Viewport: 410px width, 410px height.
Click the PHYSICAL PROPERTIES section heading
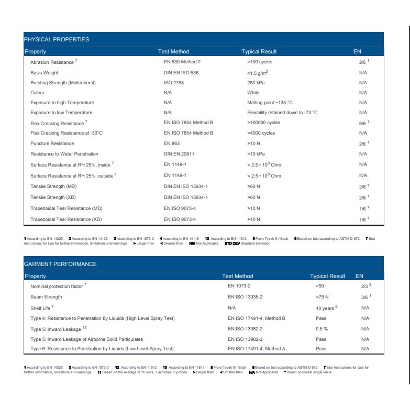tap(57, 39)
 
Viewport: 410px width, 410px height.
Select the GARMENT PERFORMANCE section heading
tap(60, 264)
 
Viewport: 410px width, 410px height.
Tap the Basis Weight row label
tap(45, 73)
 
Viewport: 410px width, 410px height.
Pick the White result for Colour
tap(253, 93)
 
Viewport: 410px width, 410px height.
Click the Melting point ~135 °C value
tap(270, 103)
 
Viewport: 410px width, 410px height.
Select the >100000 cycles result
tap(263, 123)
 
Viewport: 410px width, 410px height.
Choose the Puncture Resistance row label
tap(52, 143)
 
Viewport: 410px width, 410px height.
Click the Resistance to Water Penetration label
tap(64, 154)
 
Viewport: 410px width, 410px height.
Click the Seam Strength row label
tap(46, 297)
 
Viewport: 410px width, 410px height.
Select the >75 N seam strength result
tap(322, 297)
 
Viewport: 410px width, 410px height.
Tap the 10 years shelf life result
tap(326, 308)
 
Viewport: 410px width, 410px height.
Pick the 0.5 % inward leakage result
tap(322, 329)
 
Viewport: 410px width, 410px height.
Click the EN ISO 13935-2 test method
tap(245, 297)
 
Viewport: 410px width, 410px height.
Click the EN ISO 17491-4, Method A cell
tap(257, 349)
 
